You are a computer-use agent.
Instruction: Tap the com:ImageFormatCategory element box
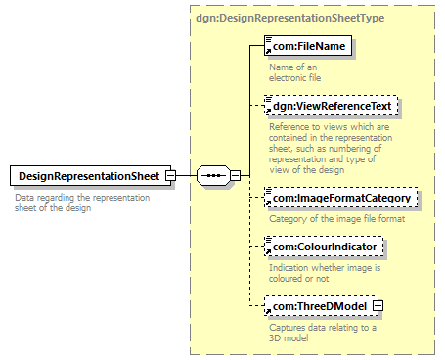click(x=342, y=199)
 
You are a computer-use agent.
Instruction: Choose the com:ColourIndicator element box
click(x=326, y=247)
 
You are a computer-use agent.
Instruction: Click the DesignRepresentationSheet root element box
click(x=88, y=175)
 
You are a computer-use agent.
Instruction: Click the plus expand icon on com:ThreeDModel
click(x=378, y=306)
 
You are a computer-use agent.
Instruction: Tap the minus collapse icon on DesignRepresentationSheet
click(x=170, y=175)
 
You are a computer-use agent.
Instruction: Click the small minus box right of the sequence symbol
click(x=236, y=175)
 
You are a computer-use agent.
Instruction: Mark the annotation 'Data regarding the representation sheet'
click(x=78, y=202)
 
